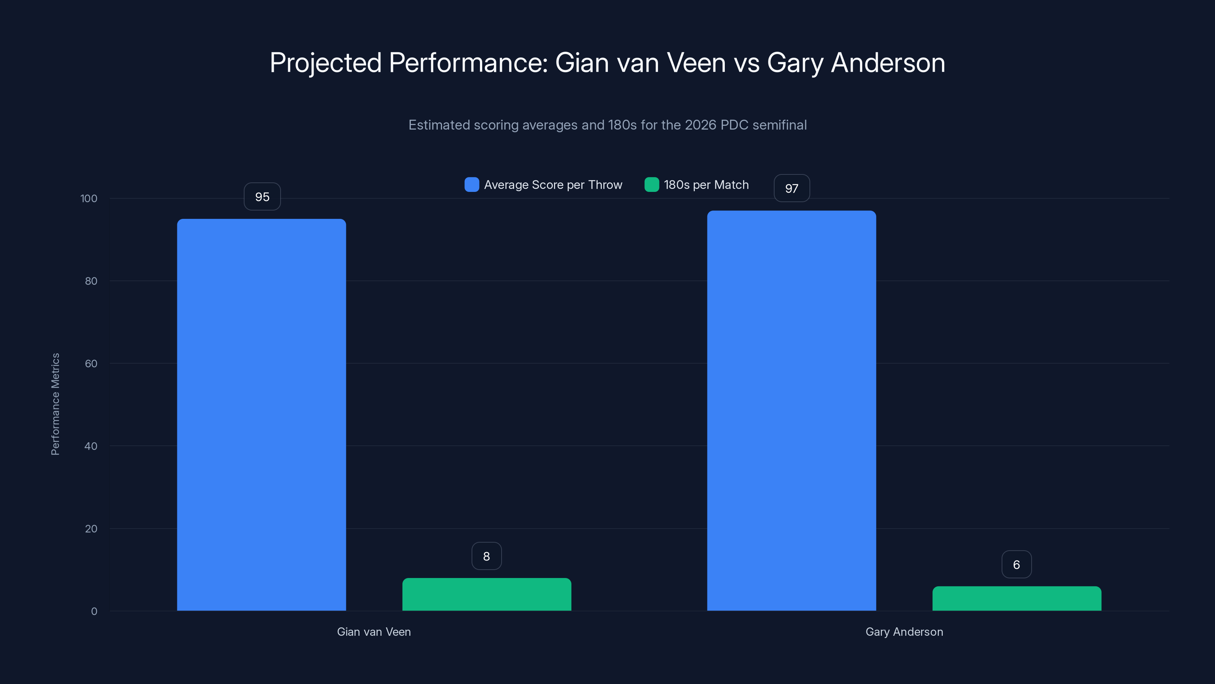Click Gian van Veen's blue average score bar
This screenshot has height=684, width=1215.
coord(261,415)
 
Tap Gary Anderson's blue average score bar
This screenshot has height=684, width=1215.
coord(791,410)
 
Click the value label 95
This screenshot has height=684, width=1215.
coord(262,197)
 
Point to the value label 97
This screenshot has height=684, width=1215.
coord(791,188)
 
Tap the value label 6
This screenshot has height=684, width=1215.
coord(1016,565)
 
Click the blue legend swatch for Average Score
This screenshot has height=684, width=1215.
coord(472,185)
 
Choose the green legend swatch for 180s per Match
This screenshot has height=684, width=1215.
coord(652,185)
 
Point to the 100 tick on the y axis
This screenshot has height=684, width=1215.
coord(89,198)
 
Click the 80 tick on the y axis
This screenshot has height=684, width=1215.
coord(91,281)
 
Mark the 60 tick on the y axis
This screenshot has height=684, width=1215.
coord(91,364)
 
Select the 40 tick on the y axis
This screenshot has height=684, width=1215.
coord(91,446)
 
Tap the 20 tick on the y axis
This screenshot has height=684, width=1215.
coord(91,529)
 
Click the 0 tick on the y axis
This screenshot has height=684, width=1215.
coord(94,611)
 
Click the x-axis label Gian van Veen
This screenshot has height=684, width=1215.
coord(374,632)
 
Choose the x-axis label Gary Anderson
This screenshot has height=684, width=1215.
coord(904,632)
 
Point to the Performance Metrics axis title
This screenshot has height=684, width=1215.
coord(55,404)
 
